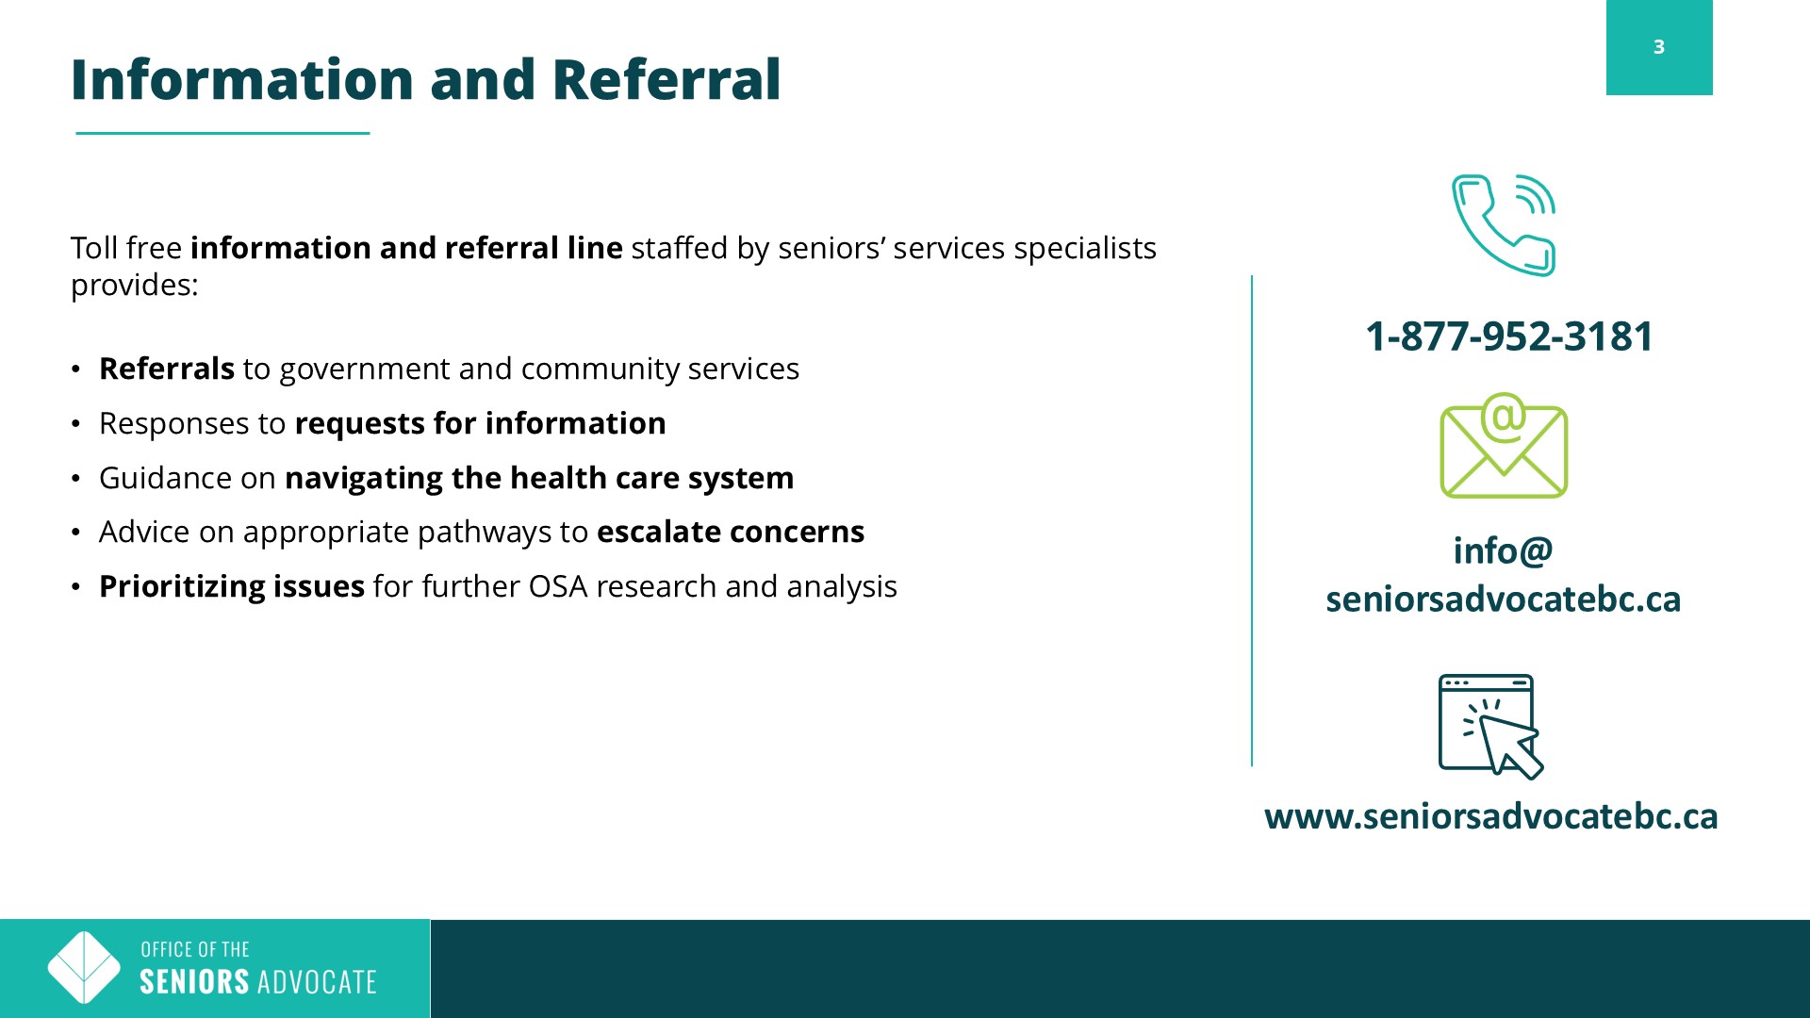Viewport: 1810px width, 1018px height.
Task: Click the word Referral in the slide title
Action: coord(666,79)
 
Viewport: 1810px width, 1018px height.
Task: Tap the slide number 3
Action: coord(1659,47)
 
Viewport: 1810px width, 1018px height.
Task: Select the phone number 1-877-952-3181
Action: coord(1509,337)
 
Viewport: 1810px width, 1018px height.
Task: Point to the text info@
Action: coord(1503,550)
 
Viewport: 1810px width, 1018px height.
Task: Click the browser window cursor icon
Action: coord(1490,727)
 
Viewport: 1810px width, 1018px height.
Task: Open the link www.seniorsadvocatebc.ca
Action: coord(1491,816)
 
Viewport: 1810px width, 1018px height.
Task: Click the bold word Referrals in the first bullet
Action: coord(167,369)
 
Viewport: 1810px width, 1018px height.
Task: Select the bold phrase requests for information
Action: coord(480,424)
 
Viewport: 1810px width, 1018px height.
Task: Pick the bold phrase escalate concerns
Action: coord(731,532)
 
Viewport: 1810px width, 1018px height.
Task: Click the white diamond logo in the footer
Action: coord(84,968)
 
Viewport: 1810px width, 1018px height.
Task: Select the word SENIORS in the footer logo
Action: coord(194,982)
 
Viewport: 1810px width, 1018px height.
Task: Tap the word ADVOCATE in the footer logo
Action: coord(317,982)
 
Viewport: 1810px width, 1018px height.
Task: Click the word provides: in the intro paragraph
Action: coord(135,286)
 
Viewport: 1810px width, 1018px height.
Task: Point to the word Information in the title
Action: coord(243,79)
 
